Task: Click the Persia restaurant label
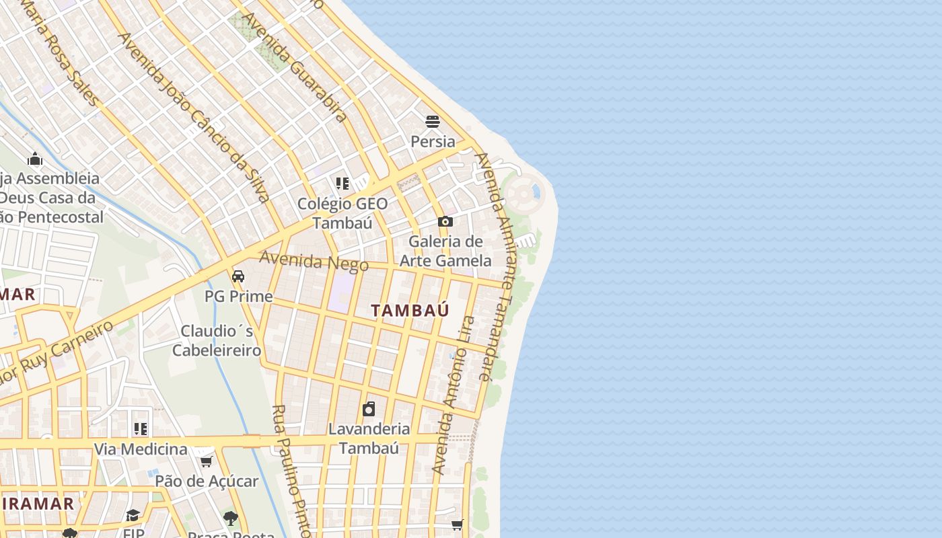(433, 142)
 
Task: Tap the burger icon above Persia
(433, 122)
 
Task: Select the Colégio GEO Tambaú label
(342, 213)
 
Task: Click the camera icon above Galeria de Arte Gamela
(445, 221)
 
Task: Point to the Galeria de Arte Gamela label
(445, 251)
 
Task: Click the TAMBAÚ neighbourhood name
(410, 310)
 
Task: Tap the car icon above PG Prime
(238, 276)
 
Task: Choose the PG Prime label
(239, 297)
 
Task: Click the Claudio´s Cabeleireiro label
(217, 340)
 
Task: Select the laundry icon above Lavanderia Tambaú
(369, 409)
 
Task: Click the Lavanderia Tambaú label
(369, 438)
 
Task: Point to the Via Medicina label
(141, 449)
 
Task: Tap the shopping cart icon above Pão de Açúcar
(207, 461)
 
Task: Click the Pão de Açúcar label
(207, 482)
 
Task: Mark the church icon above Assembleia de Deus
(35, 159)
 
